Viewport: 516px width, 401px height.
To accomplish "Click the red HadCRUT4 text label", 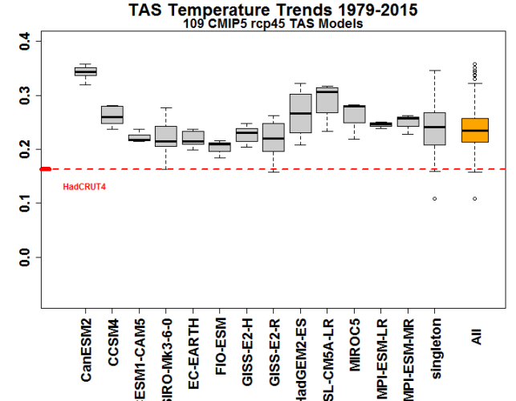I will coord(81,187).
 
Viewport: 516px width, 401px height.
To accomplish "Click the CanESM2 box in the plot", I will coord(86,71).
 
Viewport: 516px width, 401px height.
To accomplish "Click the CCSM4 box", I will coord(112,115).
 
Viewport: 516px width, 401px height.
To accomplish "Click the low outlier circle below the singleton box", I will coord(435,199).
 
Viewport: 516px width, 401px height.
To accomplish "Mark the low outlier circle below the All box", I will coord(475,199).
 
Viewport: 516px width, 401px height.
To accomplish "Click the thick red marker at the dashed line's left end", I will coord(45,168).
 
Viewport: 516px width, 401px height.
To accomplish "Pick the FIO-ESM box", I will coord(220,147).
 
